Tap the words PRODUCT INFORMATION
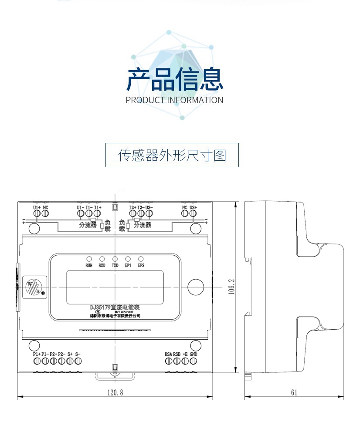pyautogui.click(x=174, y=100)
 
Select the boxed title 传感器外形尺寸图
pyautogui.click(x=172, y=155)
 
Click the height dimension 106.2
pyautogui.click(x=232, y=287)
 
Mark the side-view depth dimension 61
pyautogui.click(x=294, y=392)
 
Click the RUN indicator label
pyautogui.click(x=89, y=265)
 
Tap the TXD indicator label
pyautogui.click(x=115, y=265)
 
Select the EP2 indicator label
pyautogui.click(x=141, y=265)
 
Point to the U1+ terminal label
pyautogui.click(x=37, y=208)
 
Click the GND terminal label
pyautogui.click(x=194, y=354)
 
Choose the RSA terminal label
pyautogui.click(x=168, y=354)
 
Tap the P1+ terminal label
pyautogui.click(x=37, y=354)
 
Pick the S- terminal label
pyautogui.click(x=78, y=354)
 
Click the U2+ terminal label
pyautogui.click(x=194, y=208)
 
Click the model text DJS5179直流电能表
pyautogui.click(x=115, y=308)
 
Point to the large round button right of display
pyautogui.click(x=195, y=287)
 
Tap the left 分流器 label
pyautogui.click(x=88, y=225)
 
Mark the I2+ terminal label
pyautogui.click(x=132, y=208)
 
